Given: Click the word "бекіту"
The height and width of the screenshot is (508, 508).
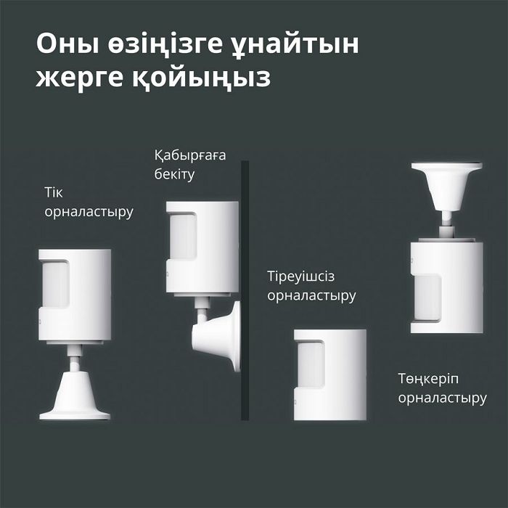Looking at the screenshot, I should point(174,175).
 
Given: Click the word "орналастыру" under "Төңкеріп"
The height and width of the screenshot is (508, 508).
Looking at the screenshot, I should point(442,398).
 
